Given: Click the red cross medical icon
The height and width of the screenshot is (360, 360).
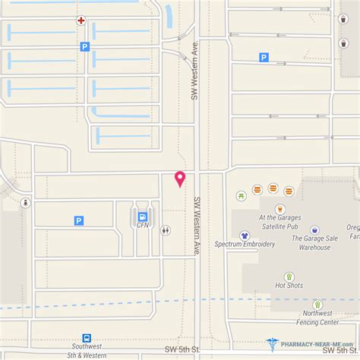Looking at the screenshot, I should pyautogui.click(x=81, y=21).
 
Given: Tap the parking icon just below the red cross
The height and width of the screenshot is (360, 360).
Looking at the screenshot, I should pyautogui.click(x=84, y=46).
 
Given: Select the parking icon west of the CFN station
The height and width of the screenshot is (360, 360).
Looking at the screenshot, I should pyautogui.click(x=78, y=220).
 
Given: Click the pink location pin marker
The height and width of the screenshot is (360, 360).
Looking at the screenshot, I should pyautogui.click(x=180, y=178).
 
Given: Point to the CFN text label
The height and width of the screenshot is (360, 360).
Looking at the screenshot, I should pyautogui.click(x=142, y=225).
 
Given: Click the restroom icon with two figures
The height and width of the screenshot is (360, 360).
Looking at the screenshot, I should pyautogui.click(x=166, y=229).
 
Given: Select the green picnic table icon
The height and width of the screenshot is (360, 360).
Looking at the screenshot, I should pyautogui.click(x=242, y=196).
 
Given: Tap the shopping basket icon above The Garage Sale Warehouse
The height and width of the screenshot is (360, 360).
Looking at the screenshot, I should pyautogui.click(x=314, y=229).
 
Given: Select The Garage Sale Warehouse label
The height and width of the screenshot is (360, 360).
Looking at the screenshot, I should pyautogui.click(x=314, y=242).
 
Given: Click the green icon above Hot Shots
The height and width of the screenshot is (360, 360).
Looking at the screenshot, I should pyautogui.click(x=289, y=277).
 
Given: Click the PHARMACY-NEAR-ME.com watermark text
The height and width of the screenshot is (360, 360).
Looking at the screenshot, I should pyautogui.click(x=314, y=343).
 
